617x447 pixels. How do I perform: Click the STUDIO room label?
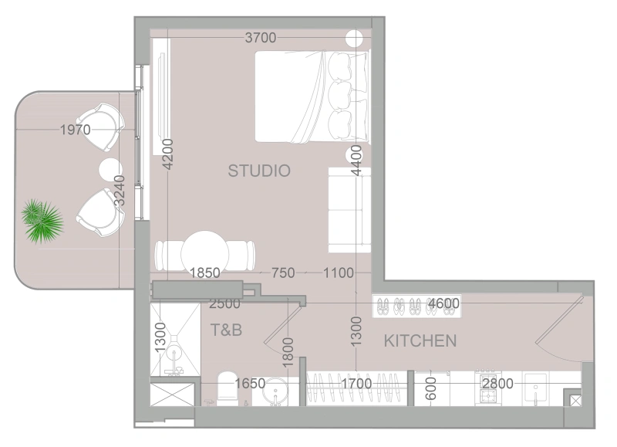pyautogui.click(x=259, y=171)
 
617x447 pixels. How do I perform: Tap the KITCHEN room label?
pyautogui.click(x=420, y=340)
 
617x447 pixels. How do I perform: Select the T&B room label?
pyautogui.click(x=227, y=330)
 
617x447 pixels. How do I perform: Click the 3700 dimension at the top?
pyautogui.click(x=261, y=38)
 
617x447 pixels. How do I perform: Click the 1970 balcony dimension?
pyautogui.click(x=76, y=130)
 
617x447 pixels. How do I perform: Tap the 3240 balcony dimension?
pyautogui.click(x=119, y=189)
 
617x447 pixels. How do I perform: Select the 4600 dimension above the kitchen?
pyautogui.click(x=444, y=303)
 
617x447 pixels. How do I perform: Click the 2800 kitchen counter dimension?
pyautogui.click(x=497, y=383)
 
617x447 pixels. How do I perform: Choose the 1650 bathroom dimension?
pyautogui.click(x=250, y=383)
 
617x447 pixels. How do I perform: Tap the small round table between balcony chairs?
pyautogui.click(x=110, y=168)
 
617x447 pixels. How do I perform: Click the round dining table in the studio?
pyautogui.click(x=205, y=252)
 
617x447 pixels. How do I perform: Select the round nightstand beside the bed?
pyautogui.click(x=356, y=39)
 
